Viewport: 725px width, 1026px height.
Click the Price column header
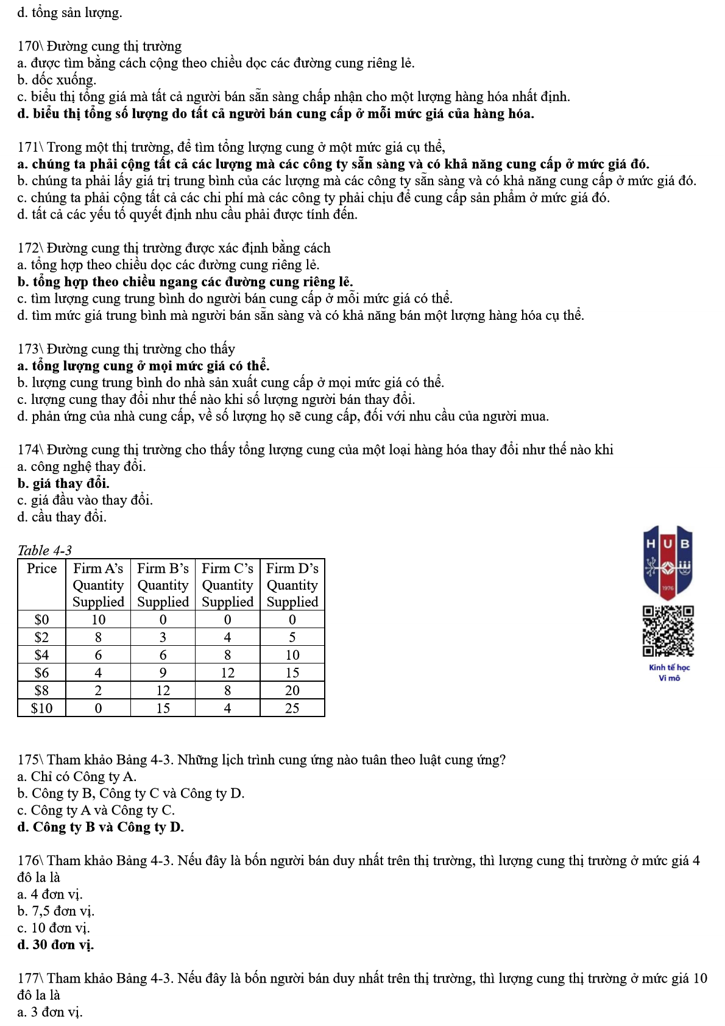pyautogui.click(x=41, y=568)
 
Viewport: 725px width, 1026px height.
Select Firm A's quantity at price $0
pyautogui.click(x=98, y=620)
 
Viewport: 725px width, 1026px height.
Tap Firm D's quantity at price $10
pyautogui.click(x=292, y=708)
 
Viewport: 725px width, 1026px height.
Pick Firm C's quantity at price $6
pyautogui.click(x=227, y=673)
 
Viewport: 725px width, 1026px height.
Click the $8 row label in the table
pyautogui.click(x=41, y=690)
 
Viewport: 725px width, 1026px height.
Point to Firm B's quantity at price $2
pyautogui.click(x=163, y=637)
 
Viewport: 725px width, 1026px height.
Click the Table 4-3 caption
pyautogui.click(x=44, y=550)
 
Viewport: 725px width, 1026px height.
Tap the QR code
pyautogui.click(x=668, y=631)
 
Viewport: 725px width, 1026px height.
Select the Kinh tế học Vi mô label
pyautogui.click(x=669, y=673)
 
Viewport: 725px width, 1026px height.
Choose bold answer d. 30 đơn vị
pyautogui.click(x=55, y=945)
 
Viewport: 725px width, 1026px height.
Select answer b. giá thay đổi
pyautogui.click(x=63, y=484)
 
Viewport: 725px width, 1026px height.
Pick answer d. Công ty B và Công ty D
pyautogui.click(x=101, y=827)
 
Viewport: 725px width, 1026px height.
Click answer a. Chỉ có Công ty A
pyautogui.click(x=77, y=777)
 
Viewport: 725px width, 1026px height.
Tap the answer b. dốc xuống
pyautogui.click(x=57, y=80)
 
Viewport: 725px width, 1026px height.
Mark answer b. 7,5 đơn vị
pyautogui.click(x=55, y=911)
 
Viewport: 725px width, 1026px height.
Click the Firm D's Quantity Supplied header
pyautogui.click(x=292, y=585)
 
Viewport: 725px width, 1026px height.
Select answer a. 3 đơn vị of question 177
pyautogui.click(x=49, y=1012)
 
